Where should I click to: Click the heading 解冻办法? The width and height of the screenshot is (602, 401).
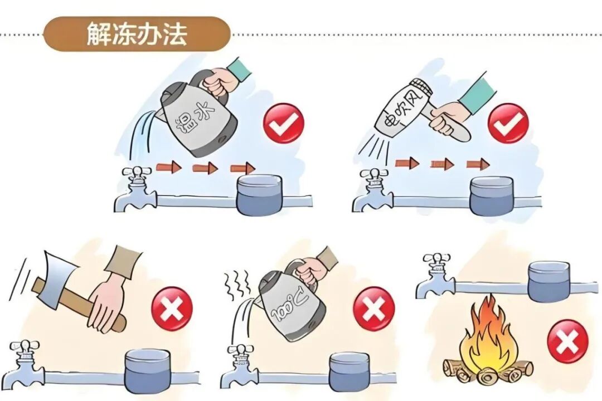click(137, 35)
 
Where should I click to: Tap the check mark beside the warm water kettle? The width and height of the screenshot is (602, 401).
click(284, 124)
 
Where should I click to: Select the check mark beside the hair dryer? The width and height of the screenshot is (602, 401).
click(508, 124)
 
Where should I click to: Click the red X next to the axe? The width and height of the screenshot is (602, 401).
click(172, 309)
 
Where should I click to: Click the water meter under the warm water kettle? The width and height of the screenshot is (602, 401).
click(259, 195)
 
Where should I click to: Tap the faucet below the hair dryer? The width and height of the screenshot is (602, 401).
click(372, 192)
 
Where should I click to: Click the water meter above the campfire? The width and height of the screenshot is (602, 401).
click(549, 281)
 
